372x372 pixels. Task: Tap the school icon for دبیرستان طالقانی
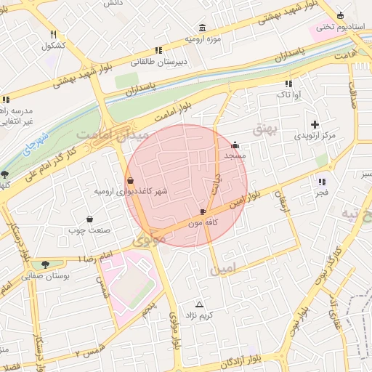158,50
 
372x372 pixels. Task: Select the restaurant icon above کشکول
54,34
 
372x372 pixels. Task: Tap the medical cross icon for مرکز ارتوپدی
315,124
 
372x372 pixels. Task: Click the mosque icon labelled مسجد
235,144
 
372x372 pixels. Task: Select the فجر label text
322,193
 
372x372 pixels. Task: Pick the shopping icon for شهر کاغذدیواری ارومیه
130,180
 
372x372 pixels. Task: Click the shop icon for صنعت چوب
90,219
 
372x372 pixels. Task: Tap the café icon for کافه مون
203,212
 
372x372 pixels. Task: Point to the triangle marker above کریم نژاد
200,304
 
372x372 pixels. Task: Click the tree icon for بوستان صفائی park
46,264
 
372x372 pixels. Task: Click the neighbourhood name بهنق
264,129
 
